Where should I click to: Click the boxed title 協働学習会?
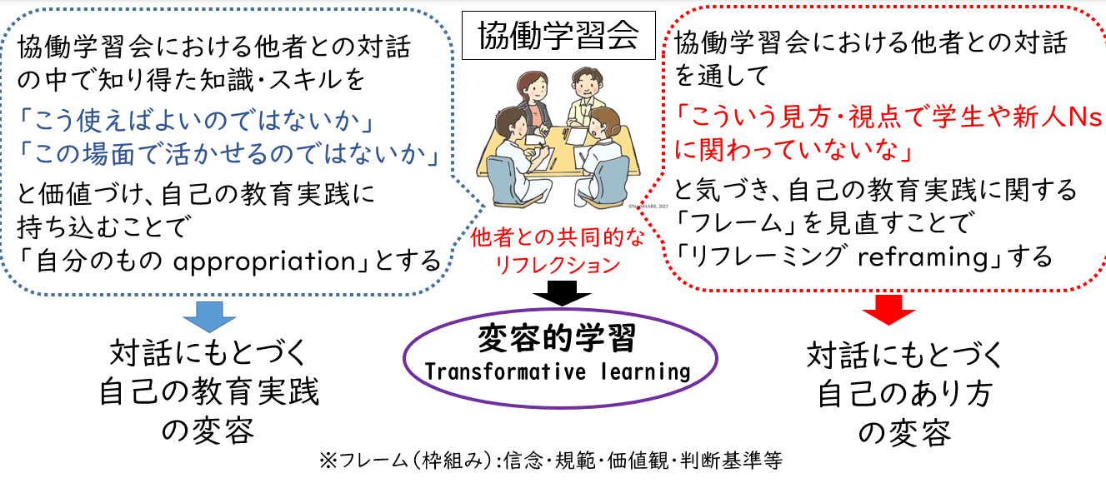[x=558, y=36]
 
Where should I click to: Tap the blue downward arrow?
[x=209, y=316]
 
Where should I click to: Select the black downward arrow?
[x=562, y=293]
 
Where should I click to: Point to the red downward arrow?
[x=888, y=310]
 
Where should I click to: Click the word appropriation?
[x=265, y=261]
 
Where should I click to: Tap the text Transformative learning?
[x=557, y=371]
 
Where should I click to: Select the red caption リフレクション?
[x=558, y=266]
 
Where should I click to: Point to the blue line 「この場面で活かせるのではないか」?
[x=228, y=154]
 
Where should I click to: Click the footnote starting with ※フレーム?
[x=551, y=461]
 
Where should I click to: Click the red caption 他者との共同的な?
[x=558, y=238]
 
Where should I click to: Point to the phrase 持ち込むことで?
[x=103, y=227]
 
